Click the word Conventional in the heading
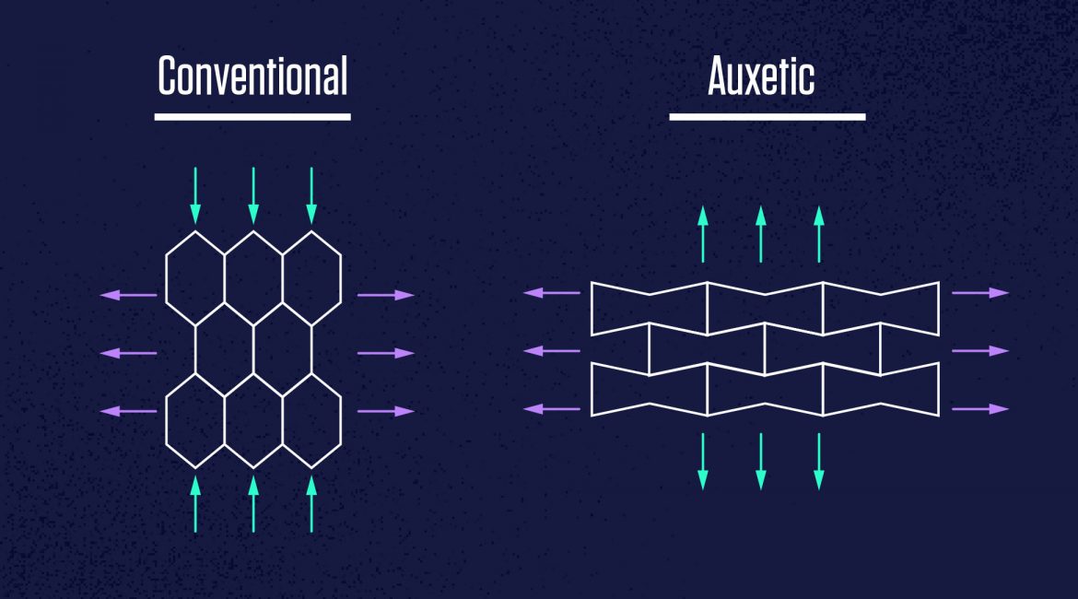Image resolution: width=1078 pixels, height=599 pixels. click(252, 76)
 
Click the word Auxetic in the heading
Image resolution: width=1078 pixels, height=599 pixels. click(761, 76)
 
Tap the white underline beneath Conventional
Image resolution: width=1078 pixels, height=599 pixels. click(252, 117)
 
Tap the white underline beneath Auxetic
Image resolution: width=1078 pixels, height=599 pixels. click(767, 117)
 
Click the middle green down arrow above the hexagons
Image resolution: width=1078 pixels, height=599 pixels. click(253, 195)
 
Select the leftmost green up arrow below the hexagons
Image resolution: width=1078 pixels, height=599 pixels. click(195, 504)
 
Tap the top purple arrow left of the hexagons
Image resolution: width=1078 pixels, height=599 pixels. click(129, 295)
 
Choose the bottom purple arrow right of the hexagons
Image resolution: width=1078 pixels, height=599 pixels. click(386, 411)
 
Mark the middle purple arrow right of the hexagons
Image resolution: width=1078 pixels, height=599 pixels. click(386, 354)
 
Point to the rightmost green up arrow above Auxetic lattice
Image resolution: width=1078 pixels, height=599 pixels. click(819, 234)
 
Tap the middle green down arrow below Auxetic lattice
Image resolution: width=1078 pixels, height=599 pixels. click(761, 462)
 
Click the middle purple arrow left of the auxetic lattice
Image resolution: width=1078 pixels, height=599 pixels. click(552, 351)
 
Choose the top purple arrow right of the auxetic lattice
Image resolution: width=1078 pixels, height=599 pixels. click(980, 293)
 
